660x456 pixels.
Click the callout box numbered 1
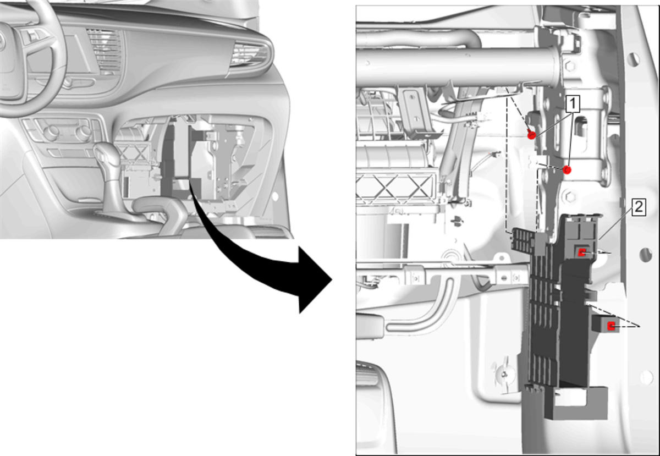point(572,104)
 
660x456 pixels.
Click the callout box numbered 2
point(638,207)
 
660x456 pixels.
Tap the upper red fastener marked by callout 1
point(531,135)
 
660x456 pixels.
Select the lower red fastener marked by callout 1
point(567,170)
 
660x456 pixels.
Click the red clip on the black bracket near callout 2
point(582,252)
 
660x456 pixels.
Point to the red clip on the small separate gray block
point(611,326)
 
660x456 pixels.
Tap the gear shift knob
point(107,154)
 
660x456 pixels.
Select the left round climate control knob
point(51,133)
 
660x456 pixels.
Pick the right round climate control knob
point(84,133)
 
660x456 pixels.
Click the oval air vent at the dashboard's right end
point(250,55)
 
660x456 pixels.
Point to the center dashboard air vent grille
point(104,51)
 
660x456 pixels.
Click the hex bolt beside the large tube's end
point(570,65)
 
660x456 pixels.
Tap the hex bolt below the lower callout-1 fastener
point(569,196)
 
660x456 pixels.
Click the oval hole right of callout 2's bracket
point(646,254)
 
